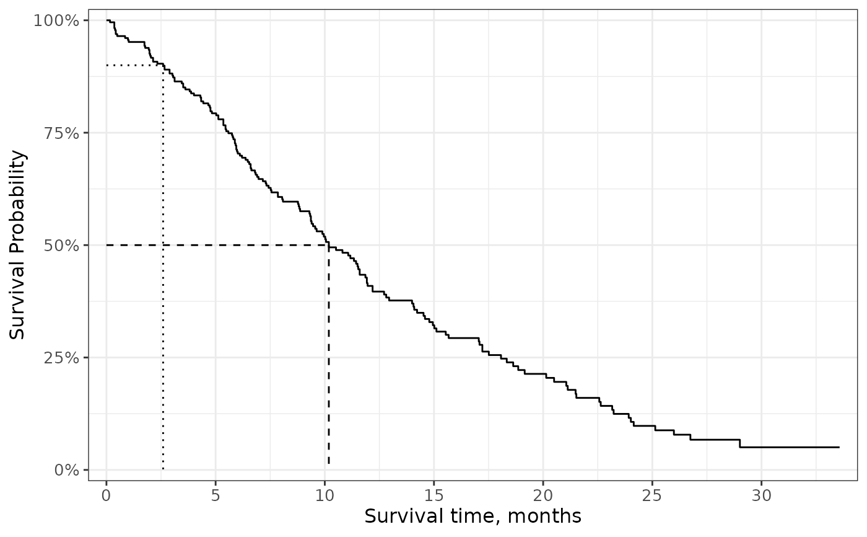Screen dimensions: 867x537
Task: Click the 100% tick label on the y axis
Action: [56, 20]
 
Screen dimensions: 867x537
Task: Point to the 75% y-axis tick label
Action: [61, 133]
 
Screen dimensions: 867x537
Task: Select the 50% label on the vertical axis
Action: [61, 246]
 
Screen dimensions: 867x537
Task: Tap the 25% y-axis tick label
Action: [61, 358]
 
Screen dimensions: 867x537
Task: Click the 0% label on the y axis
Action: [66, 471]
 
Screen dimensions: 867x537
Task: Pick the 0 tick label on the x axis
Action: [107, 496]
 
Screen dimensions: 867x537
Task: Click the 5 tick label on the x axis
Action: [216, 496]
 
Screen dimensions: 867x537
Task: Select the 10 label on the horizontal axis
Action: [325, 496]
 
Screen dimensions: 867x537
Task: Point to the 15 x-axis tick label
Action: [434, 496]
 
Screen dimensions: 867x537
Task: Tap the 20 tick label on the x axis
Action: [543, 496]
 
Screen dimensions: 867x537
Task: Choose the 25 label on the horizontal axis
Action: [652, 496]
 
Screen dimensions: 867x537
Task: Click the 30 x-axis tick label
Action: [761, 496]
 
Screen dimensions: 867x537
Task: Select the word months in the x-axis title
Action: [544, 517]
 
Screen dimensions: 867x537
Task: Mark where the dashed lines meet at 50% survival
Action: [329, 246]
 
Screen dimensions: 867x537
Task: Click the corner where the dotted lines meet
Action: [163, 65]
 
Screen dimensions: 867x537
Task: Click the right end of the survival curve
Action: [839, 447]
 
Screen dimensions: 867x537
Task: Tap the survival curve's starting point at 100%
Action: [107, 20]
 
